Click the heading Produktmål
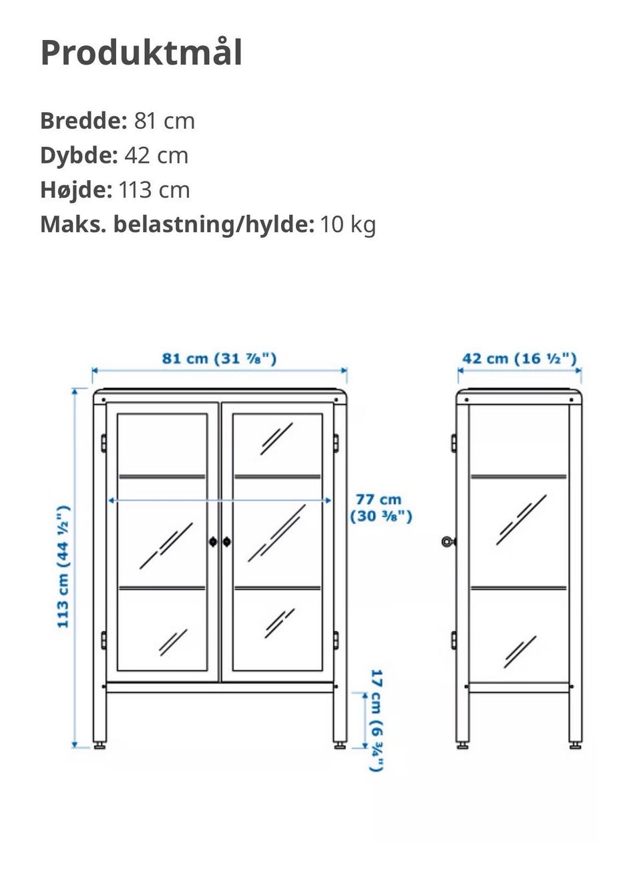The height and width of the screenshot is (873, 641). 141,53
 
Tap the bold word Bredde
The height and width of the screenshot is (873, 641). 83,121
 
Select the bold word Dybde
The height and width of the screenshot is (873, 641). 78,156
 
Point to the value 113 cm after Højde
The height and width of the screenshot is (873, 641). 154,190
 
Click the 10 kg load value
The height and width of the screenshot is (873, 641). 348,224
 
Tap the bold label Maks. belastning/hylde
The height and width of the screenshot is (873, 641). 177,224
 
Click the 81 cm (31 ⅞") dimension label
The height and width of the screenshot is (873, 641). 219,358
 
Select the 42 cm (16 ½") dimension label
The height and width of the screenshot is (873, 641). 519,358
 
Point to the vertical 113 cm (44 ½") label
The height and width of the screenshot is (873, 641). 63,567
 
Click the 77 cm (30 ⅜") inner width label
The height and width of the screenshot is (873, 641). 381,507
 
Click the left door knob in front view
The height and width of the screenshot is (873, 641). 213,542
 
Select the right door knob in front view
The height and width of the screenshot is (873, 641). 227,542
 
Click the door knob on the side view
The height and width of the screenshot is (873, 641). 447,541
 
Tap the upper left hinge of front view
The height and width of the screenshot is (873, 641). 103,443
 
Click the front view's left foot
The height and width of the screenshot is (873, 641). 99,744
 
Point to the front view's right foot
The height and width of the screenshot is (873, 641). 340,744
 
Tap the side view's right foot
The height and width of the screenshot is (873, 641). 575,744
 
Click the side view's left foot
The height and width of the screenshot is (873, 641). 462,744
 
